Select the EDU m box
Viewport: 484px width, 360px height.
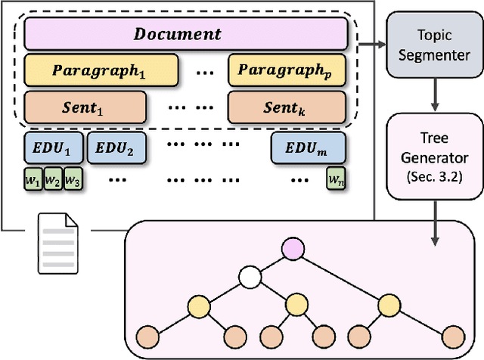(x=308, y=147)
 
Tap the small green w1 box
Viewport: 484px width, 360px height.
(x=33, y=181)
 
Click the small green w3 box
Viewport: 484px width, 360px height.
(x=73, y=181)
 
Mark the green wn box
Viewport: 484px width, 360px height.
(x=335, y=181)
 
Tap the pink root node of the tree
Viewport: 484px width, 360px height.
(x=291, y=247)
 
